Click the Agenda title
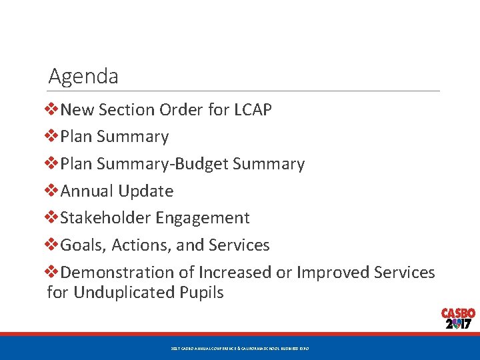pos(83,77)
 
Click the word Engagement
pos(203,219)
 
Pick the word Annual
pos(87,191)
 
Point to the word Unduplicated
pos(126,293)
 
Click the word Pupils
pos(203,293)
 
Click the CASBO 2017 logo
pos(457,319)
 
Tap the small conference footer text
pos(239,349)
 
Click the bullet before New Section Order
pos(53,110)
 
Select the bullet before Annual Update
pos(53,191)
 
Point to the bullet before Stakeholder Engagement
pos(53,218)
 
